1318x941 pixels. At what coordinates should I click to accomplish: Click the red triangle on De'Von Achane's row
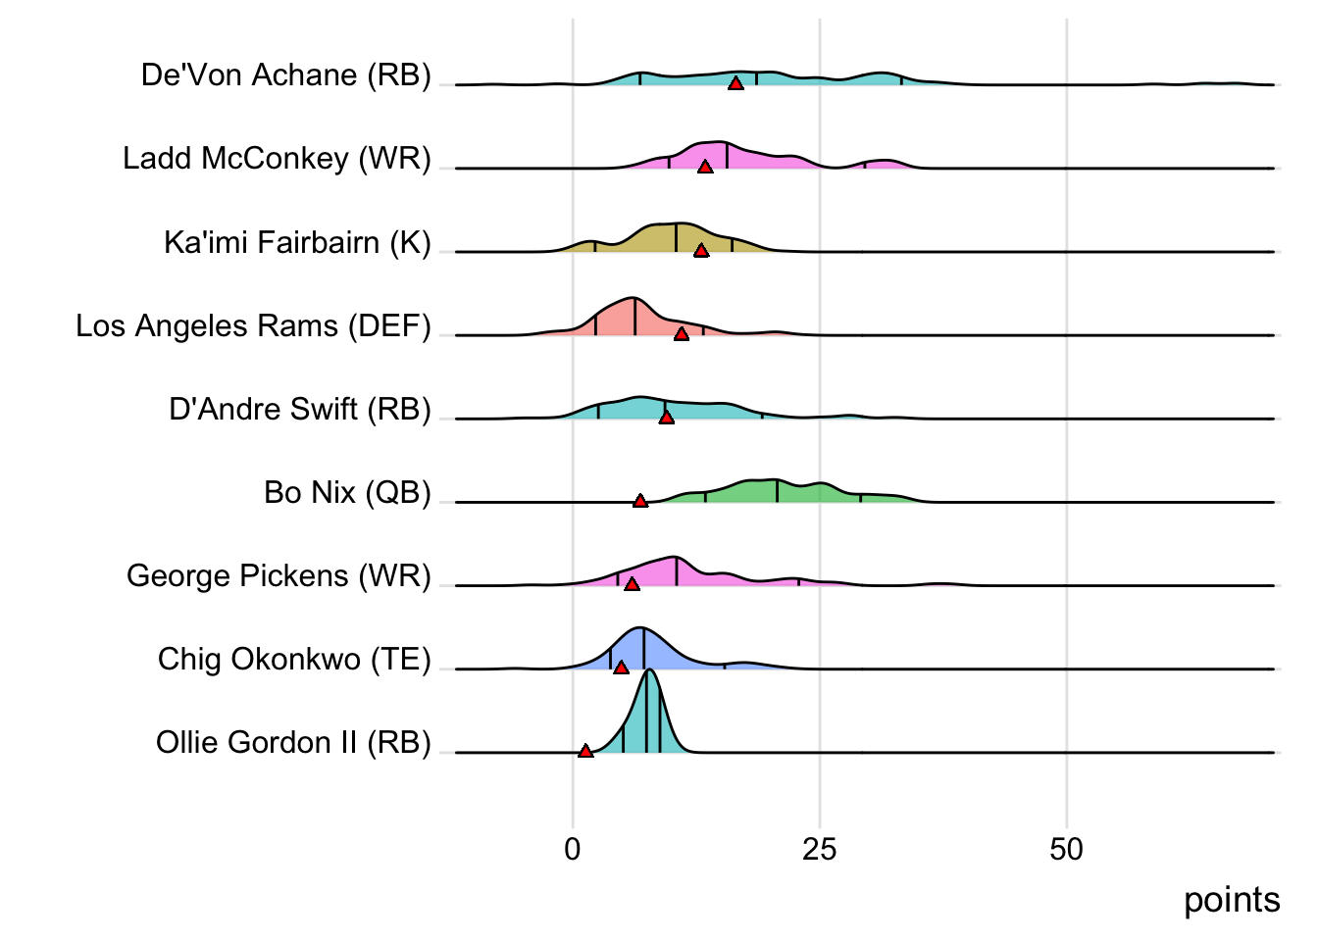(735, 84)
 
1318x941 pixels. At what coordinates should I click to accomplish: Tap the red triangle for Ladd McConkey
(705, 168)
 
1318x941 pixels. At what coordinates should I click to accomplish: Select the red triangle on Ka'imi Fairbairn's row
(701, 251)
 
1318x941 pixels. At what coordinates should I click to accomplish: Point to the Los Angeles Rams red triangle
(682, 334)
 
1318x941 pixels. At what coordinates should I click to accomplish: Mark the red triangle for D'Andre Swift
(667, 418)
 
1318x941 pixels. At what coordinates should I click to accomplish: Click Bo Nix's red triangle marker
(640, 501)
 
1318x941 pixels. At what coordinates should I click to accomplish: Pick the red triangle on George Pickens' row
(633, 584)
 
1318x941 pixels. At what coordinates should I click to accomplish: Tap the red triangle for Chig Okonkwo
(621, 668)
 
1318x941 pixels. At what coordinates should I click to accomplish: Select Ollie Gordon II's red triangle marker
(585, 751)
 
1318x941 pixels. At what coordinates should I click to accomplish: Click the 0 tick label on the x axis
(573, 849)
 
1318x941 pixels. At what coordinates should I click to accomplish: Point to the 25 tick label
(820, 849)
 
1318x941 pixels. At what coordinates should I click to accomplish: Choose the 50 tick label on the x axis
(1066, 849)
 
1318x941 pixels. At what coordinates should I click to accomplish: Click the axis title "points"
(1232, 900)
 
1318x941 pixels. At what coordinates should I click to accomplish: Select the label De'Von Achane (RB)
(285, 74)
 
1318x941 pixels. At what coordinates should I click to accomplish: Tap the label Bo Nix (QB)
(347, 492)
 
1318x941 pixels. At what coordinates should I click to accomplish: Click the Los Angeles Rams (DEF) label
(253, 325)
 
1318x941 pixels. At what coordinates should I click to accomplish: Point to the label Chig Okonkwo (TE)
(294, 659)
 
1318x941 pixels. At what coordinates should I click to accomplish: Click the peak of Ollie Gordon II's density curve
(649, 670)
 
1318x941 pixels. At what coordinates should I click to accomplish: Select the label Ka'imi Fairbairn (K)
(297, 242)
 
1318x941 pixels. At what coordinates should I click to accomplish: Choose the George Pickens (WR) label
(279, 575)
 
